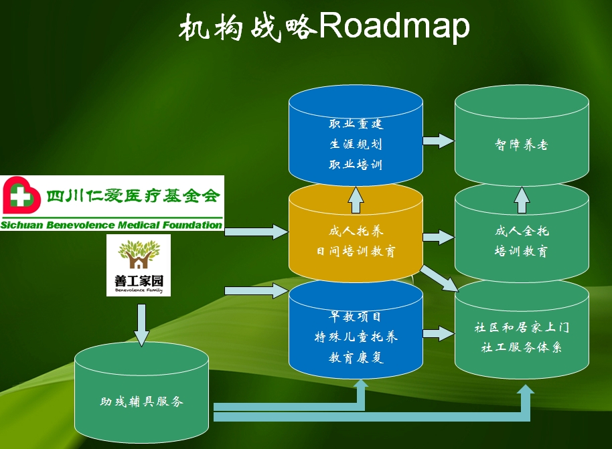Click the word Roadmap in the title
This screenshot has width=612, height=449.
coord(394,27)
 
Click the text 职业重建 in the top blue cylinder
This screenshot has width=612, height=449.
coord(356,124)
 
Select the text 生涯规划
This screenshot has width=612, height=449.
coord(356,144)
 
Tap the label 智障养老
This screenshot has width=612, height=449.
coord(522,145)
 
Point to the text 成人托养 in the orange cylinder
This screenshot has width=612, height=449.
coord(356,232)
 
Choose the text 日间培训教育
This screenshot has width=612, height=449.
coord(356,252)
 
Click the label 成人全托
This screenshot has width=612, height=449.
coord(522,232)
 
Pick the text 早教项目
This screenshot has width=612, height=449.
coord(356,316)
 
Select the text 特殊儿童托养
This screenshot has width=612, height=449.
coord(356,337)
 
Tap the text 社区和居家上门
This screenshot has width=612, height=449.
coord(522,328)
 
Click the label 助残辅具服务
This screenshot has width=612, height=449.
coord(142,401)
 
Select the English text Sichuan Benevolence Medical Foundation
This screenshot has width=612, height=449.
coord(111,225)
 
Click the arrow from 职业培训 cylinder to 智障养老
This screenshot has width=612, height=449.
coord(439,140)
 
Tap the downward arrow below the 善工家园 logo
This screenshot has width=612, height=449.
coord(141,324)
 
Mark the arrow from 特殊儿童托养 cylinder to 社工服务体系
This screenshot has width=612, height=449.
coord(439,333)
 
